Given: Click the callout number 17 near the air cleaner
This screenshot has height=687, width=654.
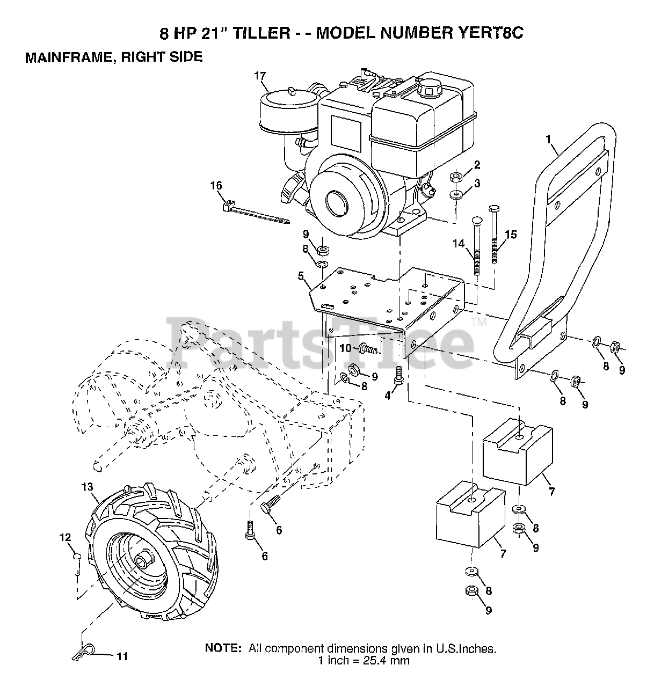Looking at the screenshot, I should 260,76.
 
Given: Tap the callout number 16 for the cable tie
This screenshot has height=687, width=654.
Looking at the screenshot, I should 216,186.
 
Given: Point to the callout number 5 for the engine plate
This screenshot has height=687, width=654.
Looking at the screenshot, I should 301,276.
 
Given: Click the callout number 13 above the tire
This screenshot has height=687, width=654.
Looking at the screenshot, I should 88,487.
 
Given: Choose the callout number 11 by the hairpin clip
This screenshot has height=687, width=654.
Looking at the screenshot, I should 122,656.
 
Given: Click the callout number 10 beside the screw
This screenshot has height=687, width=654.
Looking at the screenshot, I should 345,348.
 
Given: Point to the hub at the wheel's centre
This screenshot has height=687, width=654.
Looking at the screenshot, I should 142,561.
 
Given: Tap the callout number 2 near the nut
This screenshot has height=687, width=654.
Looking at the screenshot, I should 477,165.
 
